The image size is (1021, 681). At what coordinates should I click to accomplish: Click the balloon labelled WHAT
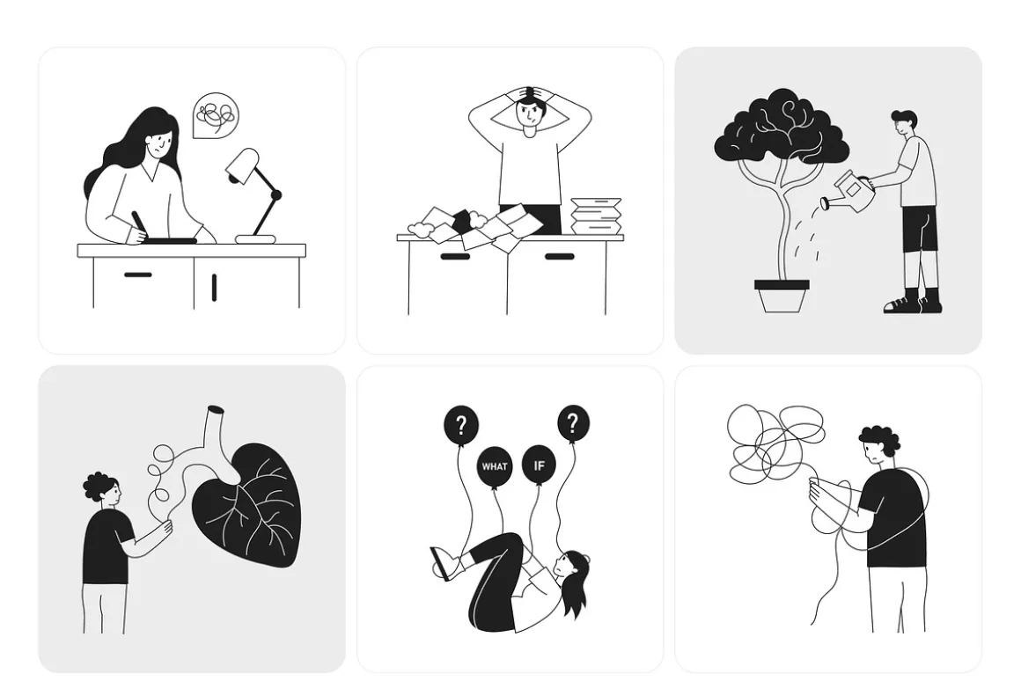point(495,466)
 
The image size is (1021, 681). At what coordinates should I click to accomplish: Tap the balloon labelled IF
point(539,465)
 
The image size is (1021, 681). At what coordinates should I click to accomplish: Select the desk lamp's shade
point(243,164)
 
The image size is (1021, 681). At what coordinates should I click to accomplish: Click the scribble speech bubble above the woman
point(217,115)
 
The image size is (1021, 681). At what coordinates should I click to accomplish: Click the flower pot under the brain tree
point(782,297)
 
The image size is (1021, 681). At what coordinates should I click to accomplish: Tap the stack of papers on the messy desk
point(596,216)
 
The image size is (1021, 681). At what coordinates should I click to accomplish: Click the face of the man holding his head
point(529,114)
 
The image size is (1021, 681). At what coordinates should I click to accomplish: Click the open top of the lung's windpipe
point(217,409)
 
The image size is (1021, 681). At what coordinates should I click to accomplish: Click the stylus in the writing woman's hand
point(139,225)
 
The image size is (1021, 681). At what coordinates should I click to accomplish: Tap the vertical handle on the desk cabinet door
point(214,287)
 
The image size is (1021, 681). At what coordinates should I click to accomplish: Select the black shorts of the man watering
point(920,229)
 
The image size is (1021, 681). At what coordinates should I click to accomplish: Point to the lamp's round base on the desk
point(255,239)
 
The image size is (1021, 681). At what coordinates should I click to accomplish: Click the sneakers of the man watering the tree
point(913,304)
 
